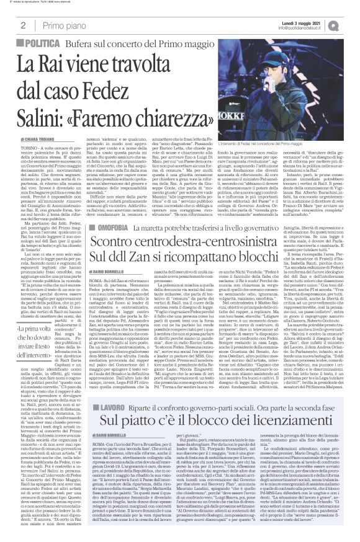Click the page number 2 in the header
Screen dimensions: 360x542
23,24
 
